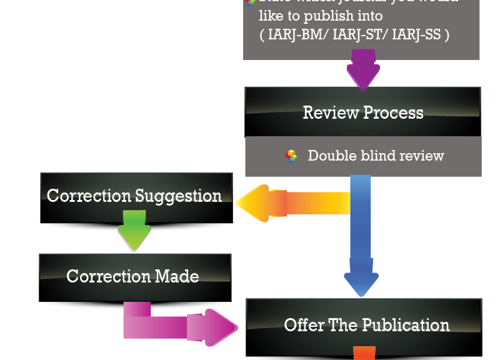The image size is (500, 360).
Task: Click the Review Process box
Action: (362, 112)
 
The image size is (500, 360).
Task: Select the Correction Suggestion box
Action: (135, 195)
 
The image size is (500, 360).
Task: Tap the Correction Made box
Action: (134, 276)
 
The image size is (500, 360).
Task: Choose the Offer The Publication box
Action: (366, 324)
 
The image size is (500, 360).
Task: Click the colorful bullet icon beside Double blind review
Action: (292, 156)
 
